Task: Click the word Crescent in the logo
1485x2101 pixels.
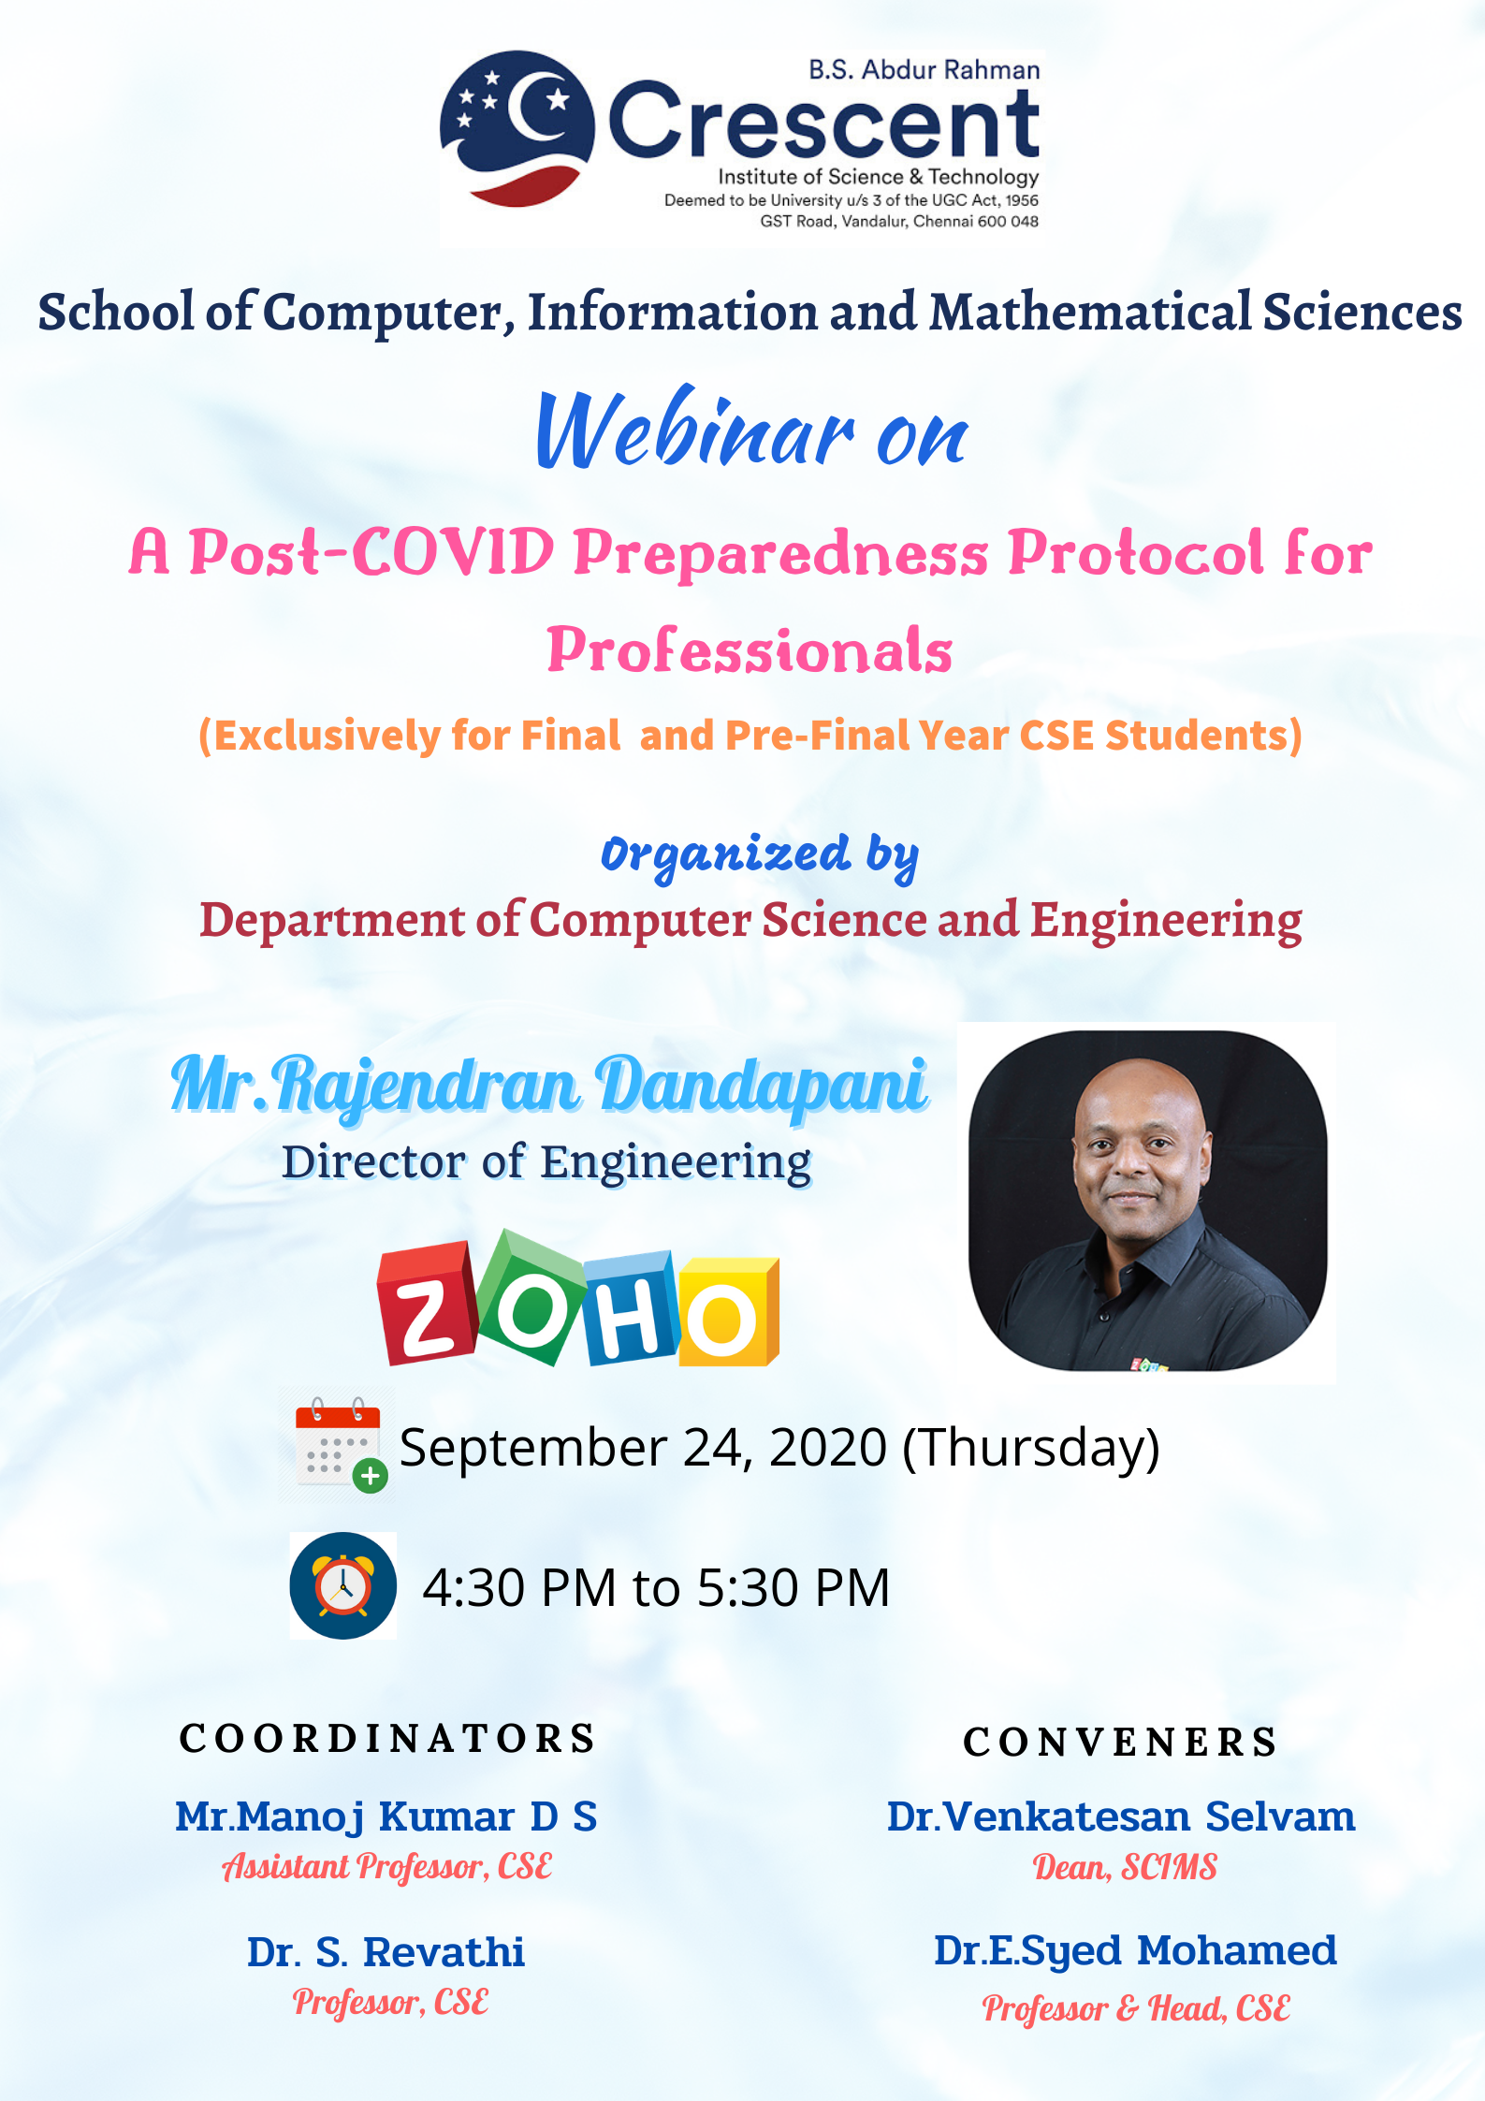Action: coord(823,122)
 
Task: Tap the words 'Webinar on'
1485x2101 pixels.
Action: coord(752,429)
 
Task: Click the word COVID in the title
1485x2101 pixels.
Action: coord(453,552)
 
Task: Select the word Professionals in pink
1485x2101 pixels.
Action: coord(750,649)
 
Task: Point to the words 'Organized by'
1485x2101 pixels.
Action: coord(760,856)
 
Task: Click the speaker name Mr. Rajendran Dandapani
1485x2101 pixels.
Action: coord(549,1086)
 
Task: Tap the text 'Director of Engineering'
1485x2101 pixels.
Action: coord(546,1162)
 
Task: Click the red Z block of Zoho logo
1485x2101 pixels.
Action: coord(427,1303)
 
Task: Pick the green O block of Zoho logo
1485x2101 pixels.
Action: coord(531,1296)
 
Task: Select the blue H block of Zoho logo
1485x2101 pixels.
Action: coord(630,1307)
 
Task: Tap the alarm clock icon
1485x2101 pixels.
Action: coord(343,1585)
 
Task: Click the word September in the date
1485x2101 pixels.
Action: coord(533,1449)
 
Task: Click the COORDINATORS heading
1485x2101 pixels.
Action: coord(387,1739)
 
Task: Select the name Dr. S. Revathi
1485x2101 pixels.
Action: coord(386,1952)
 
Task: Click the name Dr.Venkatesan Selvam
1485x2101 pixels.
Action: coord(1121,1816)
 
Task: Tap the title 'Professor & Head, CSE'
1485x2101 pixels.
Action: coord(1136,2008)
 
